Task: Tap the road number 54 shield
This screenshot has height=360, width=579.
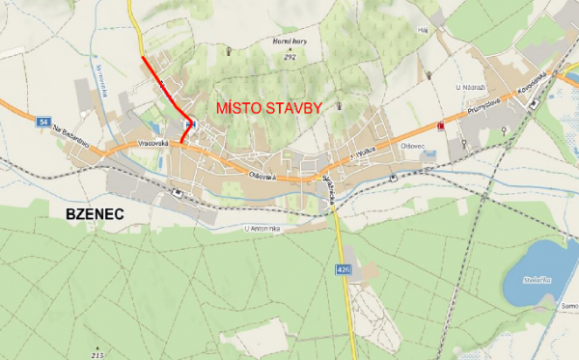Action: pos(43,122)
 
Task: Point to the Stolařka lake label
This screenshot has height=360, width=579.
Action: pos(540,279)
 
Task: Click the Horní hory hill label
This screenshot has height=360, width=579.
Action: pos(289,43)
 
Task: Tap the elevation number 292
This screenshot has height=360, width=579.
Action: pos(289,58)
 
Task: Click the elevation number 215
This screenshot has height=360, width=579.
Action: pos(96,354)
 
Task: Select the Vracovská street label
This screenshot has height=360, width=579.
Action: pos(153,144)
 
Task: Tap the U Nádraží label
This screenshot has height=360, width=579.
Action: pos(469,87)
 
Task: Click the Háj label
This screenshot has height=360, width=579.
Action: pos(422,30)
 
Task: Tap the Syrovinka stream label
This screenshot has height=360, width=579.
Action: pos(101,82)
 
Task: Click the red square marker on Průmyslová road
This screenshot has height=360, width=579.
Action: pos(441,125)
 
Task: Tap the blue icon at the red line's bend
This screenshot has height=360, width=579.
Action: pos(189,125)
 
